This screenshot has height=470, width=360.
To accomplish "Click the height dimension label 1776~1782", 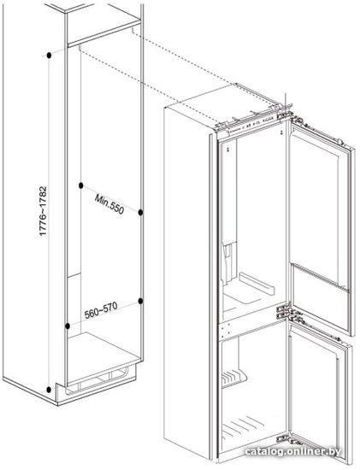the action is pos(44,211).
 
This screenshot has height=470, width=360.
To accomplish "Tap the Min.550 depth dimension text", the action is pos(109,204).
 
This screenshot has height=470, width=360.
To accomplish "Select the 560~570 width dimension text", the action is pos(101,310).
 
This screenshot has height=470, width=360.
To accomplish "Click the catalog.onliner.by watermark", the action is pos(292,451).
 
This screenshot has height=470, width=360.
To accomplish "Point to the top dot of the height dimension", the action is pos(49,56).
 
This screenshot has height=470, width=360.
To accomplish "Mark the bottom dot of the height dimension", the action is pos(49,390).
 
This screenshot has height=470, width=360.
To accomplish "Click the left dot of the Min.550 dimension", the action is pos(80,185).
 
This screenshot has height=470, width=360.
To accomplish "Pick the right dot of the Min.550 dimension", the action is pos(140,212).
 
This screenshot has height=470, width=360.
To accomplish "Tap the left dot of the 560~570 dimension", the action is pos(68,326).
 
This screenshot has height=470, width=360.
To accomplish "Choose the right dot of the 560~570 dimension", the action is pos(140,301).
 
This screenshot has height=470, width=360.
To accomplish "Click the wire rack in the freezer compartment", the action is pos(233,378).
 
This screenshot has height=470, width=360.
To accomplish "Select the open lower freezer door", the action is pos(319,394).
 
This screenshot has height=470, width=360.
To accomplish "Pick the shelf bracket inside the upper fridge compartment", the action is pos(257,284).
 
